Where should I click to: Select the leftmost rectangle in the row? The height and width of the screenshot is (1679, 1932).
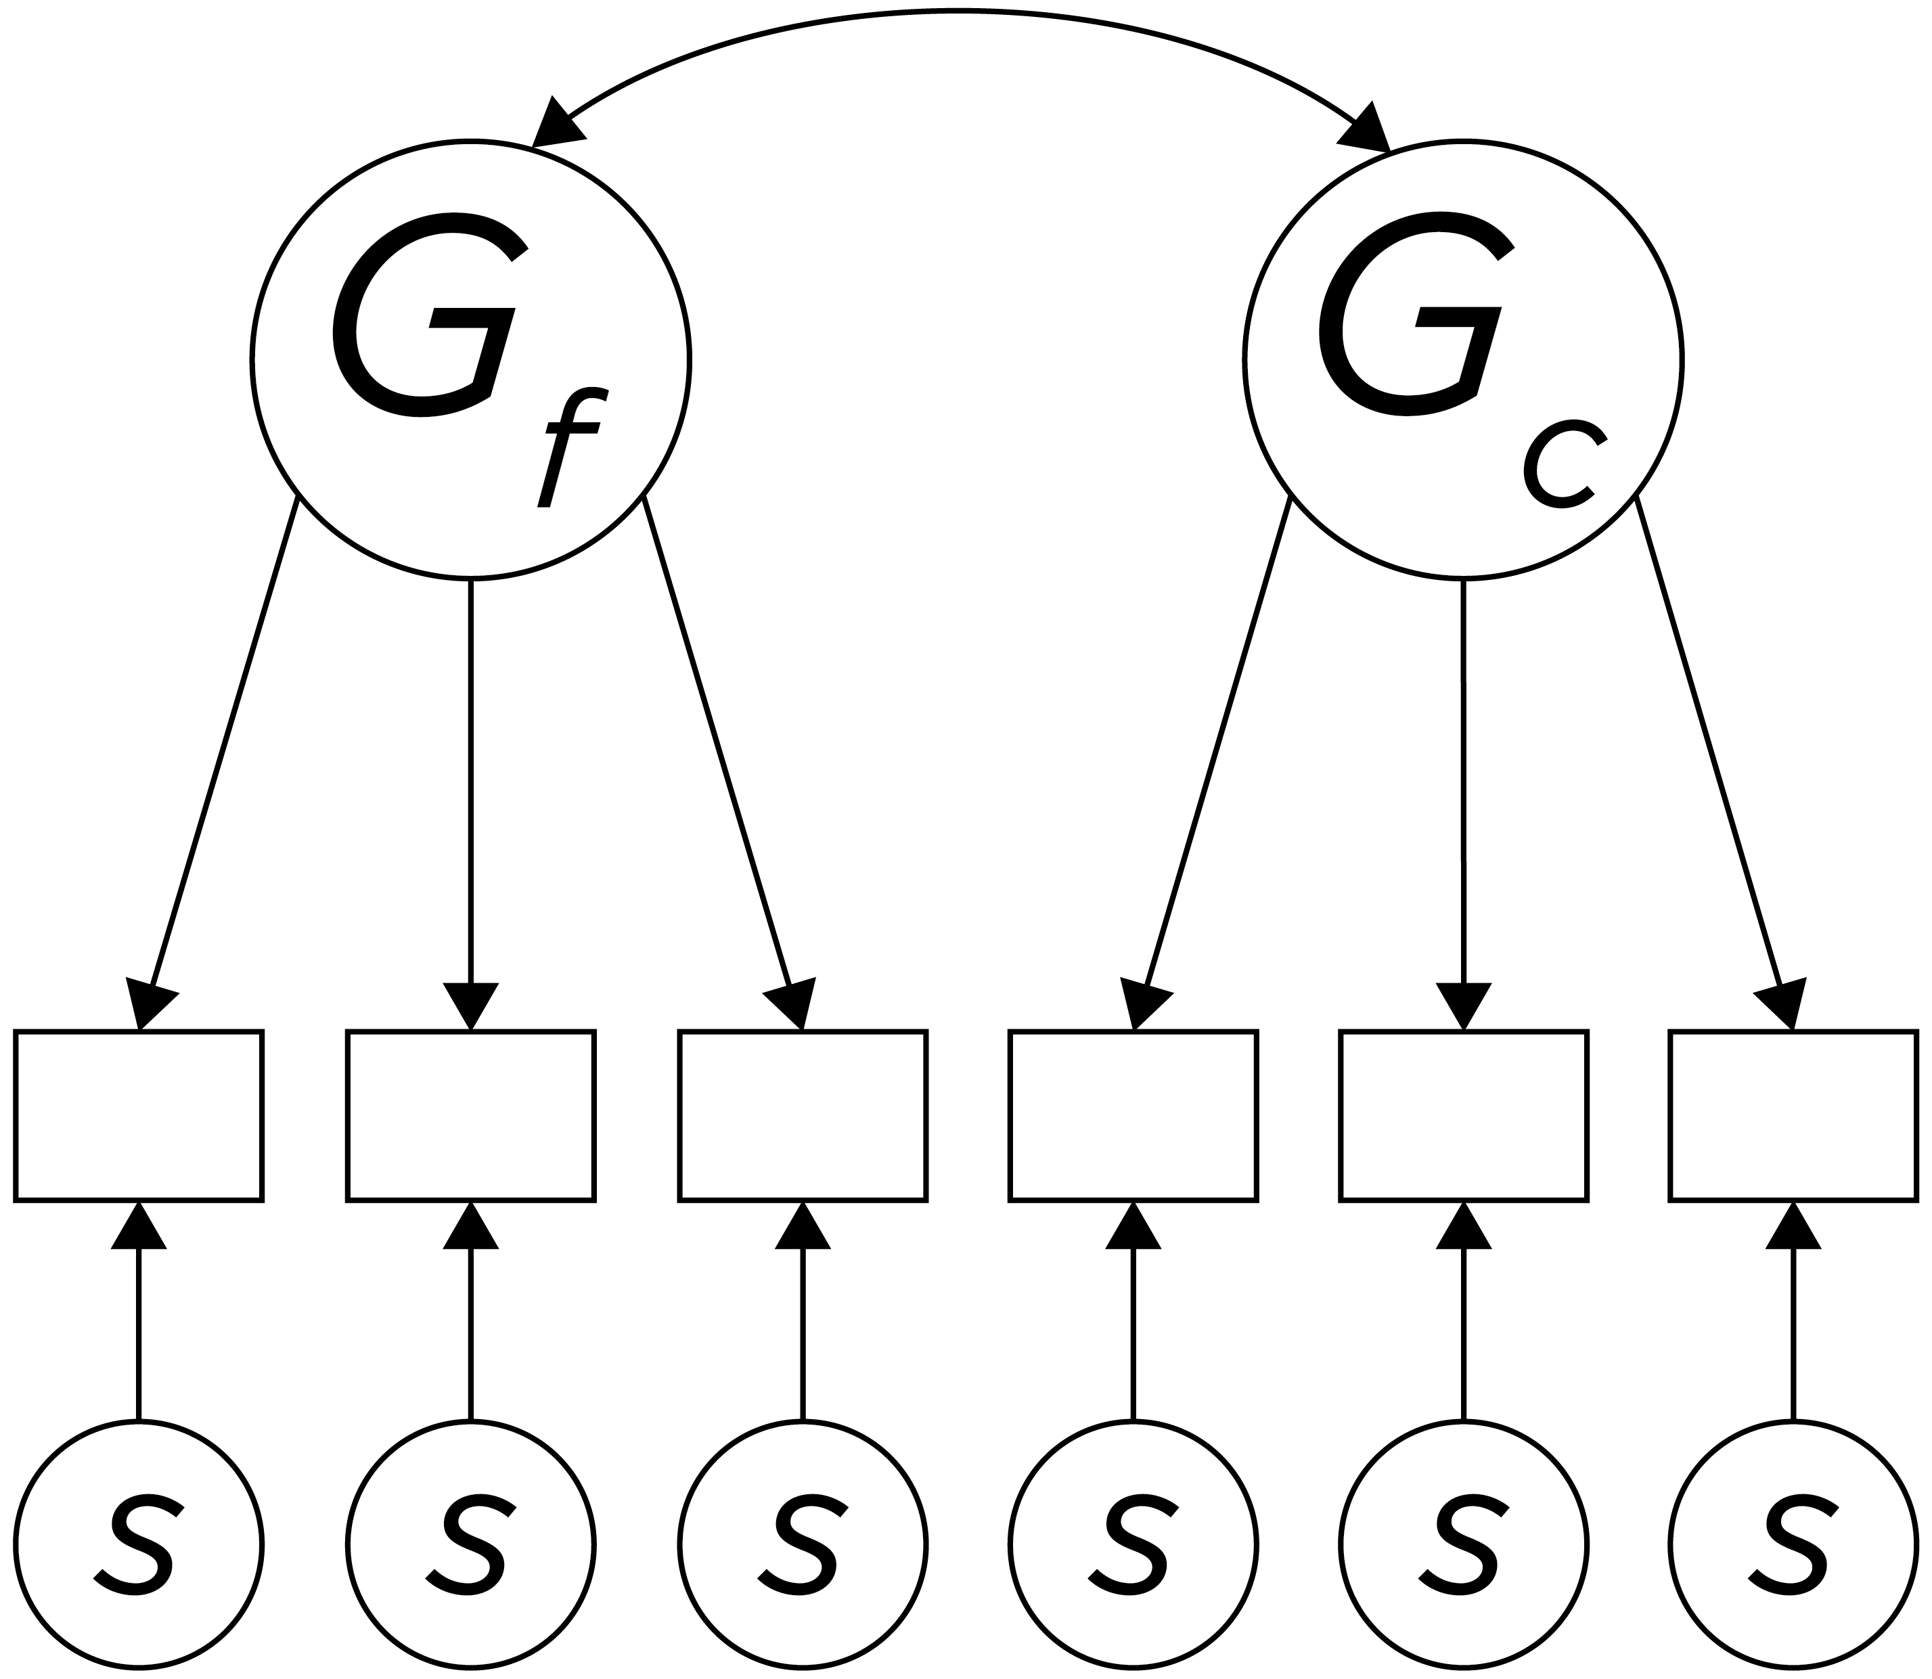click(x=139, y=1115)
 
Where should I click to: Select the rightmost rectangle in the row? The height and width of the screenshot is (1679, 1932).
click(x=1793, y=1115)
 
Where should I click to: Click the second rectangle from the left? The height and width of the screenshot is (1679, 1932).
click(x=470, y=1115)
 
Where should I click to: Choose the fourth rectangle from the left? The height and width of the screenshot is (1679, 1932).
click(x=1133, y=1115)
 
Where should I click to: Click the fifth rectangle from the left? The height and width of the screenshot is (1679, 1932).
click(x=1464, y=1115)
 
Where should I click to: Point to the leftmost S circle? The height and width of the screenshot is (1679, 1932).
click(x=139, y=1546)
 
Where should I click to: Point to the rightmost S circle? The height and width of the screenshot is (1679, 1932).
click(x=1793, y=1546)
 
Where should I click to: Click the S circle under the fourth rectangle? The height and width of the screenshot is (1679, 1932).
click(x=1133, y=1546)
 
